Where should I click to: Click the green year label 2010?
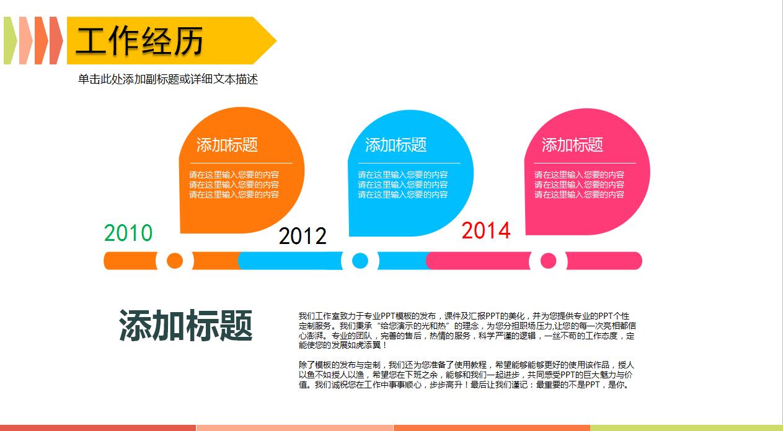pos(128,233)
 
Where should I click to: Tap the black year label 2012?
pos(302,236)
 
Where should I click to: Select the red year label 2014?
pos(485,231)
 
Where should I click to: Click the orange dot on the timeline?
pos(175,261)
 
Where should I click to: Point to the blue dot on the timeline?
pos(360,261)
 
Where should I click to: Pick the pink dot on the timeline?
pos(548,261)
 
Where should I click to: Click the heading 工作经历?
pos(139,42)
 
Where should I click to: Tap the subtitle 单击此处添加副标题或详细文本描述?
pos(167,79)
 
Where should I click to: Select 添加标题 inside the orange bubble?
pos(227,145)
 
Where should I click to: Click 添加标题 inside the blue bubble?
pos(396,145)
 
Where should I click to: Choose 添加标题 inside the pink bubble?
pos(572,145)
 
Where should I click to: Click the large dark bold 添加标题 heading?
pos(185,324)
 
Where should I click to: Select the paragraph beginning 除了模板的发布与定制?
pos(466,375)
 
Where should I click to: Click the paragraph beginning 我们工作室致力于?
pos(467,330)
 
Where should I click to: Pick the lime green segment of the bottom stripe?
pos(685,427)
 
